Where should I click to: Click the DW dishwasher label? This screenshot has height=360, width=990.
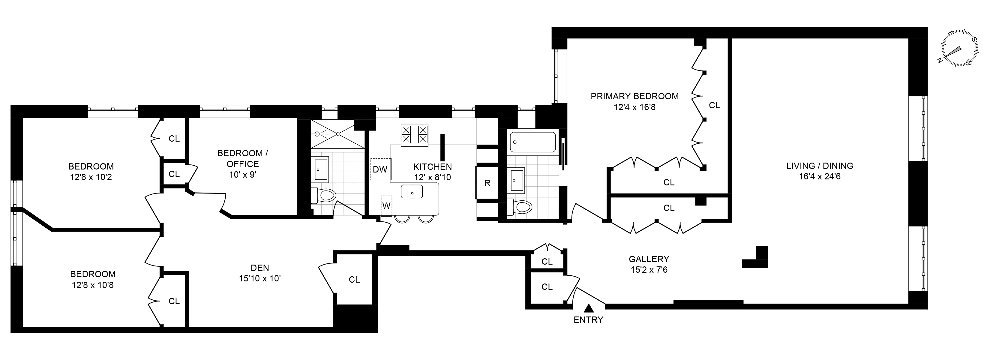pos(380,169)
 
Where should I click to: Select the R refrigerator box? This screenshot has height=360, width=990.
pos(487,183)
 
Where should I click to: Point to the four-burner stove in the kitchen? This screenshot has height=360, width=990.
pos(414,135)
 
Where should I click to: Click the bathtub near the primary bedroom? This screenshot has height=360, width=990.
pos(533,142)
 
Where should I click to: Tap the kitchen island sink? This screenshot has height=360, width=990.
pos(412,191)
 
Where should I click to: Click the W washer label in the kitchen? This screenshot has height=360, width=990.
pos(386,206)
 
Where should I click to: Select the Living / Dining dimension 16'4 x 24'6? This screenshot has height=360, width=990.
pos(819,177)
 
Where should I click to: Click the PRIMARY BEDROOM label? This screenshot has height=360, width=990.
pos(634,96)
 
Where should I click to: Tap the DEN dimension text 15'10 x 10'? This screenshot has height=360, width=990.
pos(260,278)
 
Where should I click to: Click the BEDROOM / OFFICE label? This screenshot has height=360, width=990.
pos(242,158)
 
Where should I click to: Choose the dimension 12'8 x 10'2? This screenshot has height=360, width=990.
pos(91,178)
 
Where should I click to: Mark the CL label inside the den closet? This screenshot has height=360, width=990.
pos(354,280)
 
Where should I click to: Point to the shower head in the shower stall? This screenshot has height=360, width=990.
pos(317,134)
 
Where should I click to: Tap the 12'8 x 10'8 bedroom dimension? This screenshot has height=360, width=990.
pos(93,285)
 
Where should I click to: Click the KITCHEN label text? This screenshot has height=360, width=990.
pos(432,167)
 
